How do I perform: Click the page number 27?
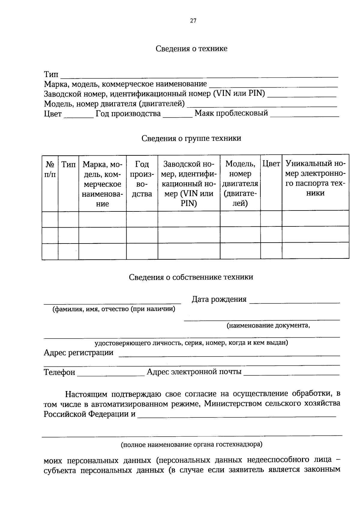[x=193, y=21]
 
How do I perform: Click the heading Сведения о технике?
[x=191, y=49]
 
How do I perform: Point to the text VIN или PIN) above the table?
[x=239, y=94]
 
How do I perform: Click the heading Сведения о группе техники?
[x=191, y=138]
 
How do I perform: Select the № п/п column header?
[x=50, y=169]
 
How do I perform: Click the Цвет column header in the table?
[x=271, y=164]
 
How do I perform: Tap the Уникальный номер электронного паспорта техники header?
[x=315, y=178]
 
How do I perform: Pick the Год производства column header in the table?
[x=142, y=179]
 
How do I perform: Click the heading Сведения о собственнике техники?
[x=191, y=277]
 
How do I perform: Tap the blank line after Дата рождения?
[x=294, y=301]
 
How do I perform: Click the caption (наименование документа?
[x=268, y=325]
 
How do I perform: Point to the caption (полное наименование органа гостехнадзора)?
[x=191, y=444]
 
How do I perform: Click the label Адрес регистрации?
[x=79, y=353]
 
